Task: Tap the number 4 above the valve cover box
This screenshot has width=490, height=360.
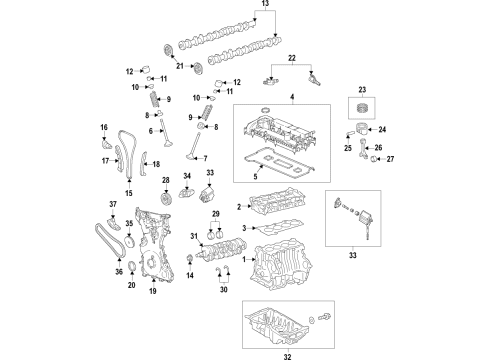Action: point(293,96)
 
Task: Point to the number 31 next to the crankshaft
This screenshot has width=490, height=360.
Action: point(194,236)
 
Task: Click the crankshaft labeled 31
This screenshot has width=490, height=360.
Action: point(222,246)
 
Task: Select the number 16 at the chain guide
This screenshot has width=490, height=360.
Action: point(104,127)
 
